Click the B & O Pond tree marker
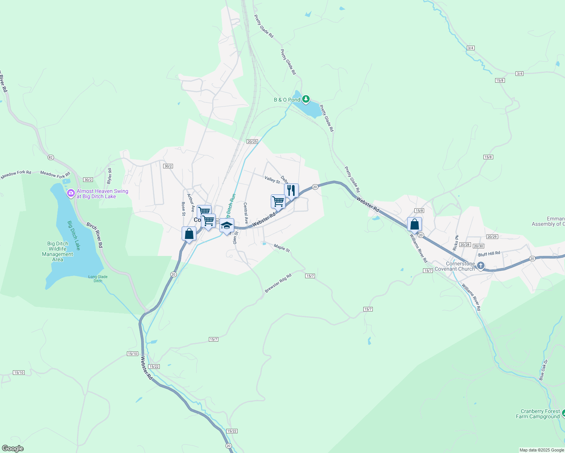click(306, 99)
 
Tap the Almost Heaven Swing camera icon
click(71, 194)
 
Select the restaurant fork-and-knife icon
click(291, 190)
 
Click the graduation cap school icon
click(227, 225)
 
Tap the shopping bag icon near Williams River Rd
click(414, 224)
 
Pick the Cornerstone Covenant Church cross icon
click(480, 266)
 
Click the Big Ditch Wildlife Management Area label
click(57, 251)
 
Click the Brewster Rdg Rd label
click(278, 283)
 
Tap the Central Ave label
click(246, 213)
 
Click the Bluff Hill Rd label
click(489, 254)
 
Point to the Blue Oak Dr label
click(543, 370)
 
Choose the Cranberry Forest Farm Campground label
click(538, 414)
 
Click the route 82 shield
click(51, 157)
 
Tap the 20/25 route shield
click(252, 142)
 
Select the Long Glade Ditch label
click(98, 279)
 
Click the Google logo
click(12, 448)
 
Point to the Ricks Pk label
click(455, 243)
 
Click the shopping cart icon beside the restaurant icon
click(278, 201)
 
